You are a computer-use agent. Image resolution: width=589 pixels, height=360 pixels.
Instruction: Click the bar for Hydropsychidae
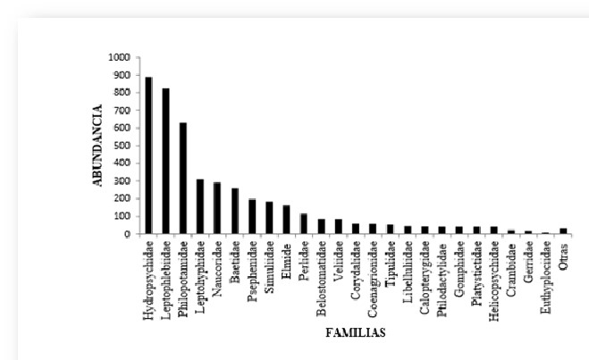tap(148, 155)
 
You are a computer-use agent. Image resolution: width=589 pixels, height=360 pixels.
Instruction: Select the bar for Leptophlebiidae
tap(165, 161)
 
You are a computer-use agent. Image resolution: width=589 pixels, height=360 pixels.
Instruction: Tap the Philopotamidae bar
tap(182, 178)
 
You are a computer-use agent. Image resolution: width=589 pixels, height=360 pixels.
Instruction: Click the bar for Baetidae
tap(234, 211)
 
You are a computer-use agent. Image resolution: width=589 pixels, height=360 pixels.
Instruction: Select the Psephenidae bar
tap(252, 216)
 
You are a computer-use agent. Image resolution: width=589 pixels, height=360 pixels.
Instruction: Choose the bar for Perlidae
tap(304, 223)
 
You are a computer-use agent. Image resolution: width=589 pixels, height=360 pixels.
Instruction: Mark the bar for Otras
tap(563, 230)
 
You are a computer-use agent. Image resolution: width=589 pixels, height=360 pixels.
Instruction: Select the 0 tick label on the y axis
tap(127, 234)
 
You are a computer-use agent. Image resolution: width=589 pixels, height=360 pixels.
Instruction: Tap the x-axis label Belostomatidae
tap(321, 277)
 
